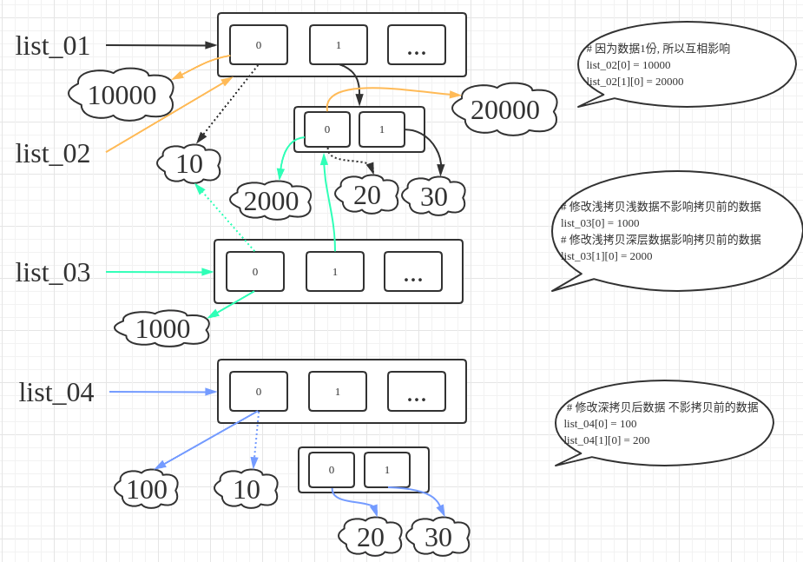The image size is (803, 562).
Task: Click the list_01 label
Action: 53,45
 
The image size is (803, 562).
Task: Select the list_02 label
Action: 53,153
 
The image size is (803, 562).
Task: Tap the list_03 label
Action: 53,272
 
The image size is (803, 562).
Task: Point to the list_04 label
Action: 56,392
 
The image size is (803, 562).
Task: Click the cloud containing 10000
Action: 122,95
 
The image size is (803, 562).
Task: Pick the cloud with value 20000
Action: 505,109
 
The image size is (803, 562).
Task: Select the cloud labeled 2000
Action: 271,201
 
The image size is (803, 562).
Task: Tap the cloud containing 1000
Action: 162,328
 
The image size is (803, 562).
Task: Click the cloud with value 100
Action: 146,489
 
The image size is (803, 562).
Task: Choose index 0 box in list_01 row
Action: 259,44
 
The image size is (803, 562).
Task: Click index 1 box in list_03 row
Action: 335,271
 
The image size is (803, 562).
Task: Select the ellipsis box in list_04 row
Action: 417,391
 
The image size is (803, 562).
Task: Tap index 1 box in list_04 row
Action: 338,391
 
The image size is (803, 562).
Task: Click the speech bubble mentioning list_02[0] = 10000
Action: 686,64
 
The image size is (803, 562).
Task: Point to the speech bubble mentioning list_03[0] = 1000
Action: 677,231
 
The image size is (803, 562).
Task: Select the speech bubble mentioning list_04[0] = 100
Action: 664,423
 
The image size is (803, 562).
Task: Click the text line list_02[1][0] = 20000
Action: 635,81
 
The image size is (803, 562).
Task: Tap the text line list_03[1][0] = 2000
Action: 606,255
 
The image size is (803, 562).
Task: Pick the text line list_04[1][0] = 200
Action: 607,440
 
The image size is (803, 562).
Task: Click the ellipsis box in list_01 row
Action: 417,44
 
